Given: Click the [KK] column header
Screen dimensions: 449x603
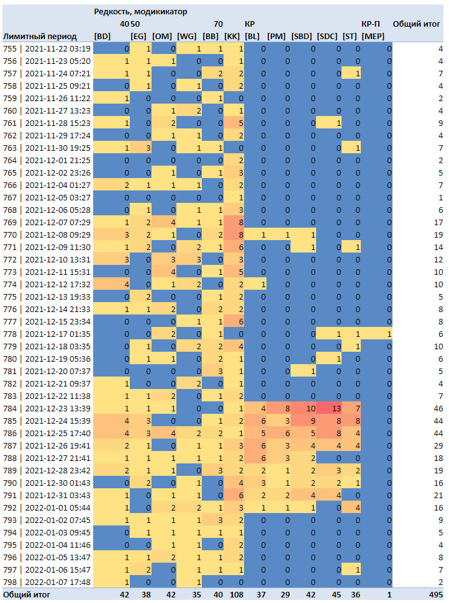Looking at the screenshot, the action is [232, 36].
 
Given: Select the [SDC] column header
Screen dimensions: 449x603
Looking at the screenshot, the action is [327, 36].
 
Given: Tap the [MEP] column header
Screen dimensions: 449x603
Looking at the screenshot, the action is [373, 36].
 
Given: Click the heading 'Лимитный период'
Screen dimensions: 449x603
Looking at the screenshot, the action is [40, 37].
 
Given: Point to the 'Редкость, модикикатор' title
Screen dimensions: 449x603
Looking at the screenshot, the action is [140, 12].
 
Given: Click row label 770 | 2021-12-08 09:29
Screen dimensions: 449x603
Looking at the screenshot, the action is [47, 234].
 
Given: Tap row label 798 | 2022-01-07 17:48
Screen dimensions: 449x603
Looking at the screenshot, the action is [47, 583].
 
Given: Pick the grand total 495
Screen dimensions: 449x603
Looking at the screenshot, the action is [436, 594].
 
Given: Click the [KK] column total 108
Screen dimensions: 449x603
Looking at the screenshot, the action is [237, 594].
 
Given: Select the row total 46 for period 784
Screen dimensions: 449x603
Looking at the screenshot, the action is [438, 408].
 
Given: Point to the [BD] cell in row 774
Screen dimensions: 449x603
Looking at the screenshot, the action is [111, 285].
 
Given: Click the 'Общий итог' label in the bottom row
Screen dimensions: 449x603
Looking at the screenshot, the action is [26, 594].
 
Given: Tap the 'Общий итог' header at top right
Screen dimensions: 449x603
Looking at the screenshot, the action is [416, 24].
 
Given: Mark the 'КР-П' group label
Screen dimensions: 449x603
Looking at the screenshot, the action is [371, 24].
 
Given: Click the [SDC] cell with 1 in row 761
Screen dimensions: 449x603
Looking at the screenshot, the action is [329, 123].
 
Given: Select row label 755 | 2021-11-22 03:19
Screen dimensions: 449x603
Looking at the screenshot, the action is [47, 49].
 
